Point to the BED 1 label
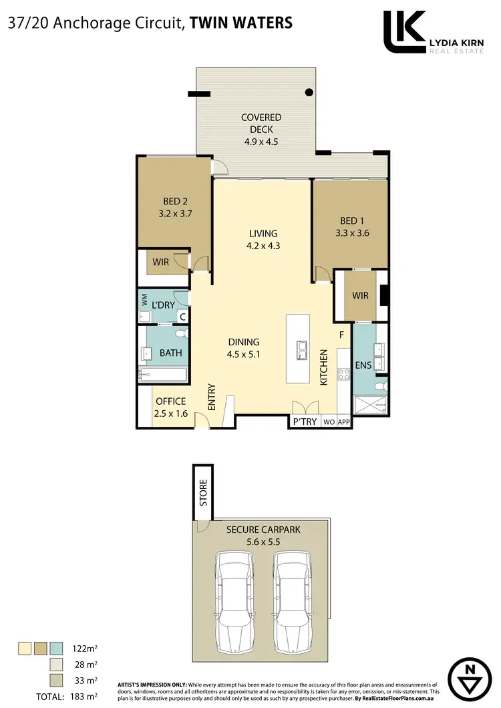point(348,221)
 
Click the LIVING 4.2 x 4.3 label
point(263,239)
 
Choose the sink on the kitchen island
point(301,348)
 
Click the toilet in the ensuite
point(379,386)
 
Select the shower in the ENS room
point(369,405)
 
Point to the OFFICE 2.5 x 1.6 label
point(170,407)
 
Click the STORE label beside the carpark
point(202,493)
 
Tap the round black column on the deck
point(309,92)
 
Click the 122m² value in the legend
point(84,647)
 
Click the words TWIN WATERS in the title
point(241,23)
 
